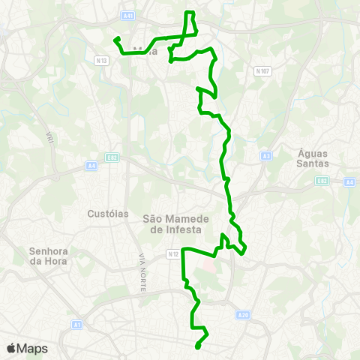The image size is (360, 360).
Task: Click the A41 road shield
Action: pyautogui.click(x=130, y=15)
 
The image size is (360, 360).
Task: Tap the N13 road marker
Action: pyautogui.click(x=103, y=59)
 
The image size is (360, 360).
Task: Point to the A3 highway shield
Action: pyautogui.click(x=266, y=156)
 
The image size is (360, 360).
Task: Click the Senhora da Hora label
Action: pyautogui.click(x=48, y=256)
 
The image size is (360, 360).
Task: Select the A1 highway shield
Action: pyautogui.click(x=76, y=324)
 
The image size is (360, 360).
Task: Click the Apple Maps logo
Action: pyautogui.click(x=27, y=348)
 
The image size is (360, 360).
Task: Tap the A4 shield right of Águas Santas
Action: pyautogui.click(x=349, y=181)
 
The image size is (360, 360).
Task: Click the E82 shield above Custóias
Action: pyautogui.click(x=112, y=159)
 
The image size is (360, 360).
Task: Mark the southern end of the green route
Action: pyautogui.click(x=196, y=346)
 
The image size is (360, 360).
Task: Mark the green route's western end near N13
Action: pyautogui.click(x=115, y=40)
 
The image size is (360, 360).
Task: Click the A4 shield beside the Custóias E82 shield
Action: pyautogui.click(x=91, y=165)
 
